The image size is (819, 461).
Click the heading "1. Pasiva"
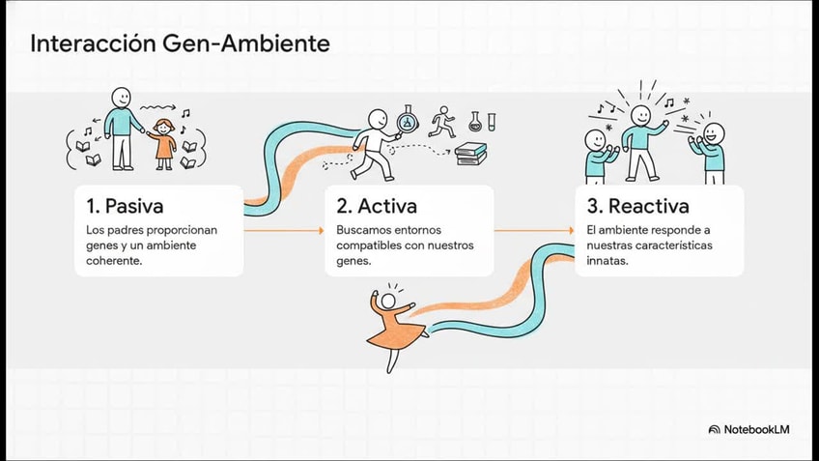pyautogui.click(x=124, y=206)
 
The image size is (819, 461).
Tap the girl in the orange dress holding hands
pyautogui.click(x=165, y=141)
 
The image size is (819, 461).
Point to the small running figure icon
pyautogui.click(x=442, y=120)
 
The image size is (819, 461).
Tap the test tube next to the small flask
pyautogui.click(x=491, y=122)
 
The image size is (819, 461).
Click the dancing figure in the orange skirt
pyautogui.click(x=393, y=325)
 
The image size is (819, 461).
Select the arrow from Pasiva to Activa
pyautogui.click(x=283, y=231)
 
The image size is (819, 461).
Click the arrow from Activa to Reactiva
pyautogui.click(x=534, y=231)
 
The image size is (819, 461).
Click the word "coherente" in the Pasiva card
pyautogui.click(x=114, y=261)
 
